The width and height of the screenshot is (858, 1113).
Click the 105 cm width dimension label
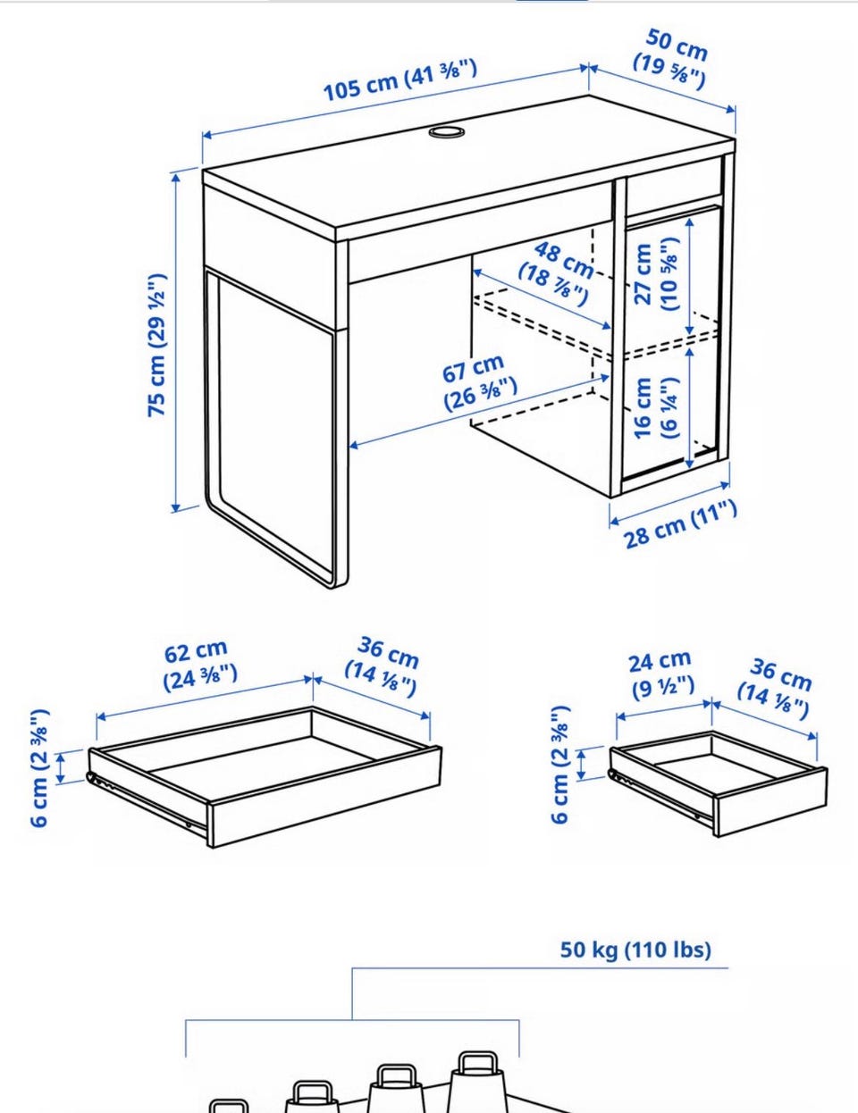click(x=400, y=80)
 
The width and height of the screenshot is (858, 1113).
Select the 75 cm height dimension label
click(x=156, y=345)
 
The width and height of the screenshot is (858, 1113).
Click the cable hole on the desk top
click(x=447, y=132)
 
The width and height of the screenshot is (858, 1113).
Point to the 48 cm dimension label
click(x=556, y=273)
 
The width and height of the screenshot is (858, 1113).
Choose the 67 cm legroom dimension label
click(x=479, y=382)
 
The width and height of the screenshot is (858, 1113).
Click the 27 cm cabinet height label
click(x=656, y=273)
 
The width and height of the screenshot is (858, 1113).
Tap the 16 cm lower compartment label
click(x=656, y=407)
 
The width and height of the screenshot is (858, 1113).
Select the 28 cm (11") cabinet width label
click(x=681, y=524)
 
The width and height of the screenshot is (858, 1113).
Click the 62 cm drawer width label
click(x=200, y=665)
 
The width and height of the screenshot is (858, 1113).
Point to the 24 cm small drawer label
click(x=661, y=674)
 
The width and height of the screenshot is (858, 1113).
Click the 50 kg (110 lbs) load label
click(x=635, y=950)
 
